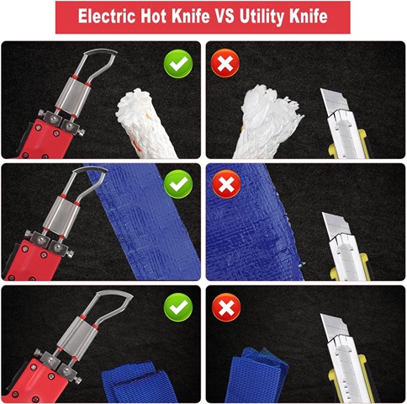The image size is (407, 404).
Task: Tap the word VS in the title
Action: [225, 16]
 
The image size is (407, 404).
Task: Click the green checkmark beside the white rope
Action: [178, 64]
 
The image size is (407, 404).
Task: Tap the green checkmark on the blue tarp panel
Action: [178, 184]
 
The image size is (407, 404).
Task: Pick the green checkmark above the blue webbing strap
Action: [178, 307]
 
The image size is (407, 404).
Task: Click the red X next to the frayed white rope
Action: [225, 63]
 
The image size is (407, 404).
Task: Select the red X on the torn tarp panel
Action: [226, 184]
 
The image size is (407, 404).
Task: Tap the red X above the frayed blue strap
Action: [226, 307]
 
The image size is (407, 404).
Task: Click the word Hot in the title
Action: [154, 16]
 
